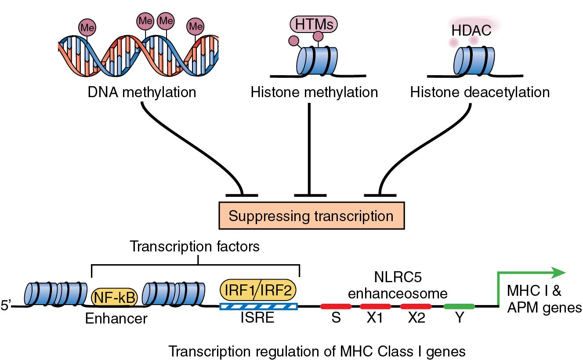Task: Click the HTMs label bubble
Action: point(314,24)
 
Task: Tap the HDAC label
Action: point(471,30)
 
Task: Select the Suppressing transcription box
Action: point(311,216)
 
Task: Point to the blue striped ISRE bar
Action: point(258,306)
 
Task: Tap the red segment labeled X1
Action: point(375,306)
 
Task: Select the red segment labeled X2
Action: point(415,306)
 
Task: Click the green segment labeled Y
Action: point(459,306)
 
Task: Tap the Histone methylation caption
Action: point(314,92)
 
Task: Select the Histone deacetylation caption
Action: point(479,92)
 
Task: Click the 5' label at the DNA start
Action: point(7,305)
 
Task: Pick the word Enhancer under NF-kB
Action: point(116,318)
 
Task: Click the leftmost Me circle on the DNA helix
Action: point(87,27)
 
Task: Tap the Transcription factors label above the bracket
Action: point(195,247)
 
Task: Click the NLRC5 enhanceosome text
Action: point(410,285)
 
